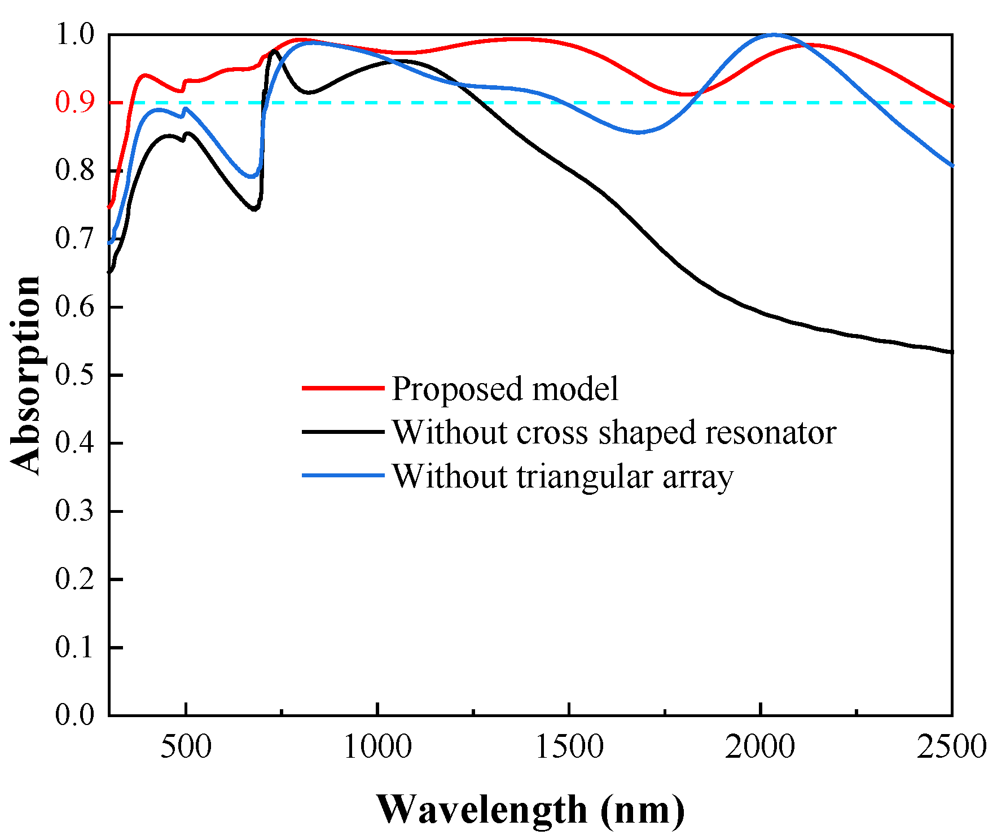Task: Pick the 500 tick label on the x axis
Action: pos(186,747)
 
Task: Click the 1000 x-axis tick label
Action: pos(377,747)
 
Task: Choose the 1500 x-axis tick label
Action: pos(569,747)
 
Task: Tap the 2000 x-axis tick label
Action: pos(760,747)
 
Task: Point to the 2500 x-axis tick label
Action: pos(951,747)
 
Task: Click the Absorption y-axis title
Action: pos(25,375)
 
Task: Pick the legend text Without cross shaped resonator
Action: pos(613,432)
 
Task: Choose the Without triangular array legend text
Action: pos(562,476)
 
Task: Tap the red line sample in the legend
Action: pos(343,388)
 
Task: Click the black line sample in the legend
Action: pos(343,432)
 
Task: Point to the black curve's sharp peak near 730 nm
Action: pos(274,51)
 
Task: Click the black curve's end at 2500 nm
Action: pos(951,352)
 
